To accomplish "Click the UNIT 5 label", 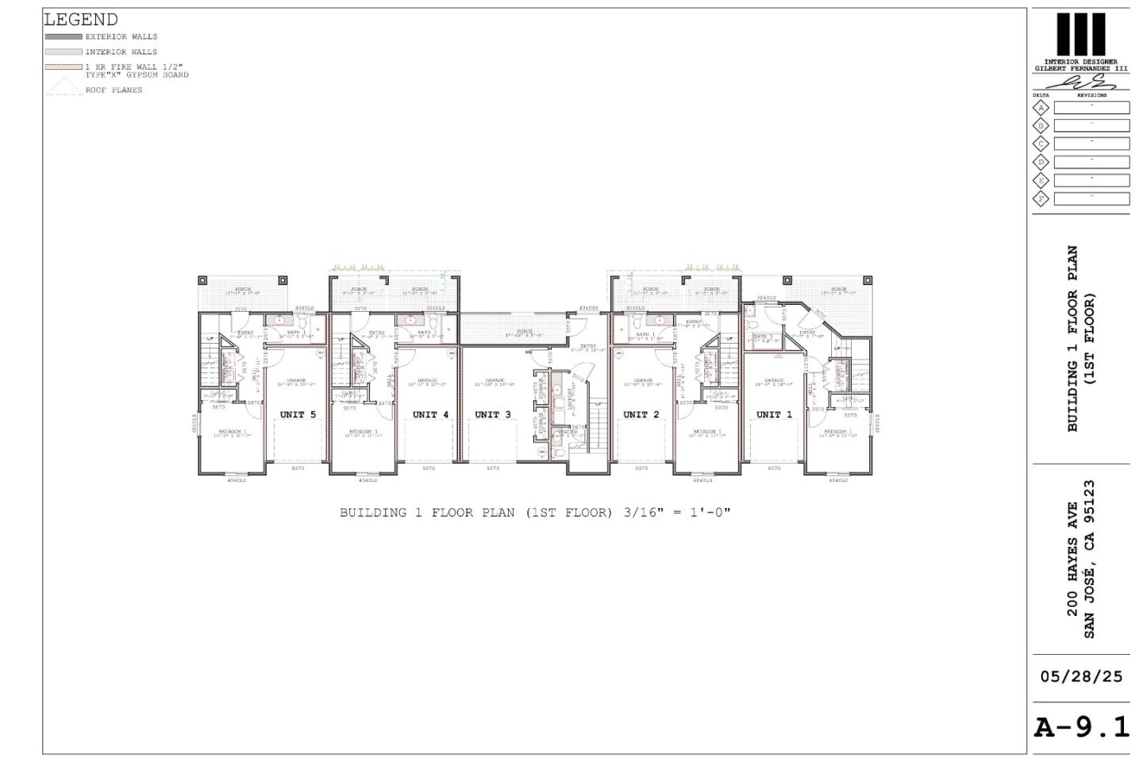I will [x=298, y=414].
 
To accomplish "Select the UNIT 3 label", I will [x=493, y=414].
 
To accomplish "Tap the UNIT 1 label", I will [x=774, y=414].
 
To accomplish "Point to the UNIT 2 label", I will [x=641, y=414].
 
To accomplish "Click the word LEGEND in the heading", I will [x=81, y=20].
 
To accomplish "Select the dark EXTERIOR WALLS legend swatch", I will [x=63, y=37].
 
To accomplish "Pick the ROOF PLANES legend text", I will [x=114, y=90].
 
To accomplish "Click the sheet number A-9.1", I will [x=1081, y=727].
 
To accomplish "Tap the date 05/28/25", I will [x=1081, y=677].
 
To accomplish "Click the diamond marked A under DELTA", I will [x=1041, y=108].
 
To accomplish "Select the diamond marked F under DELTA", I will [x=1041, y=198].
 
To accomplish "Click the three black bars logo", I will [x=1080, y=35].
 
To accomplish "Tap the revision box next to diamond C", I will [x=1091, y=144].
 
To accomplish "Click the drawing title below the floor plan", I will [x=535, y=513].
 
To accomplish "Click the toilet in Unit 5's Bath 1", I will [x=302, y=321].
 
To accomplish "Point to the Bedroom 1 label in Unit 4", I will [x=366, y=433].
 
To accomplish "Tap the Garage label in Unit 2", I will [x=643, y=382].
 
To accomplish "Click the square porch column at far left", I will [x=202, y=280].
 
